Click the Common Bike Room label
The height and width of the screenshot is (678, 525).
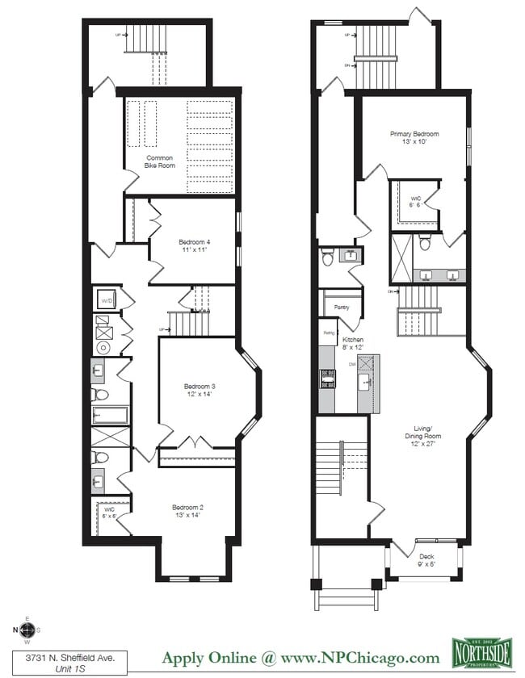[160, 161]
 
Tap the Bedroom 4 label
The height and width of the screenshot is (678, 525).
[194, 245]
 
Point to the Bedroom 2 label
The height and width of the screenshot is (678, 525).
[187, 511]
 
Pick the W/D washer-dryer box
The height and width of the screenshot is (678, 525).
[107, 301]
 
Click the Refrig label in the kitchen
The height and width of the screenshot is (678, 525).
[329, 333]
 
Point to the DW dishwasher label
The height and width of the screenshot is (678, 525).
[352, 364]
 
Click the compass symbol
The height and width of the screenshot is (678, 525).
[27, 630]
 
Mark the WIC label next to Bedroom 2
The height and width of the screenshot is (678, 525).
[109, 513]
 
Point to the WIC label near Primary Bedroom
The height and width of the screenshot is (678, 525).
[416, 201]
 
